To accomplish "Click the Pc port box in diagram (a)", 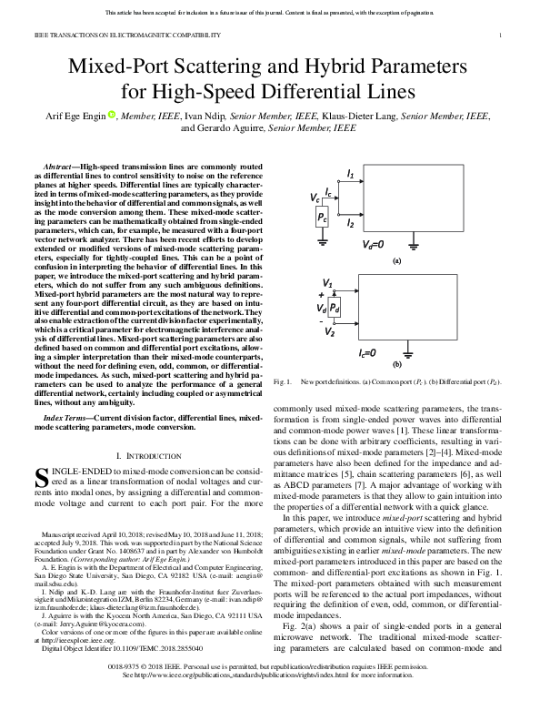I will (322, 217).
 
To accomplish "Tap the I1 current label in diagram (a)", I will (351, 172).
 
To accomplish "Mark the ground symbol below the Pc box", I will (322, 241).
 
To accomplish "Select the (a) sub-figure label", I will (395, 260).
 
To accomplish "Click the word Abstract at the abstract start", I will (59, 168).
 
